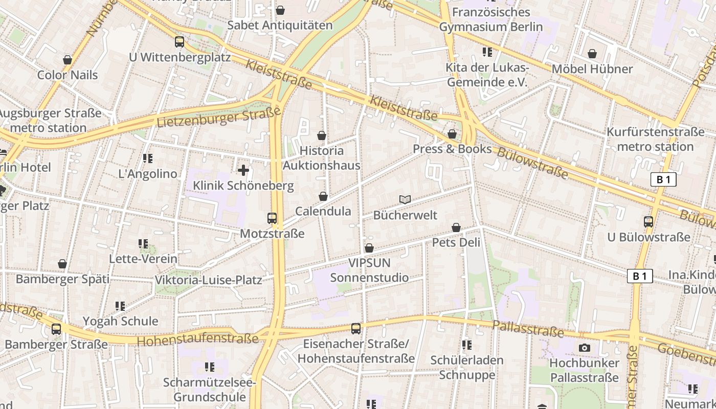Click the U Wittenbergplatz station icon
[x=180, y=42]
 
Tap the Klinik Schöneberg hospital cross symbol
[x=243, y=170]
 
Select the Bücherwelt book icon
[x=405, y=199]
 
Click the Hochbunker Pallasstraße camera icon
[x=584, y=348]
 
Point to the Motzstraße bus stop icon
[x=272, y=218]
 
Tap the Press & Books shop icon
[x=452, y=134]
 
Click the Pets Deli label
[x=456, y=242]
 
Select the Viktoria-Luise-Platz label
[x=208, y=280]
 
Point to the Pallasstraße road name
[x=528, y=329]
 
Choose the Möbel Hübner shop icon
[x=592, y=54]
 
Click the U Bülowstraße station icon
[x=648, y=222]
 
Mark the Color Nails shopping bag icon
[x=68, y=60]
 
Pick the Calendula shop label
[x=323, y=211]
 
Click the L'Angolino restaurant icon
[x=148, y=158]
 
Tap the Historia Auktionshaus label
[x=321, y=158]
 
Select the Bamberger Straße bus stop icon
[x=56, y=329]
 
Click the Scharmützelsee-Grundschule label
[x=209, y=390]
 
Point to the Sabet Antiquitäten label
[x=280, y=25]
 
